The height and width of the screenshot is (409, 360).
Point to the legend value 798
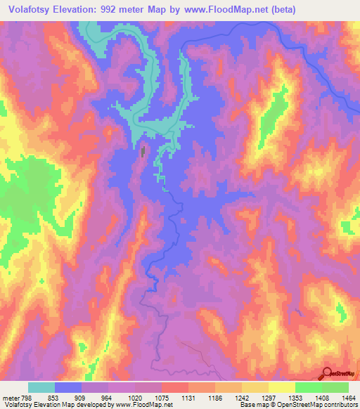pos(26,397)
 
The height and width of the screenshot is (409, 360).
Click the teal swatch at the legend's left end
pos(41,387)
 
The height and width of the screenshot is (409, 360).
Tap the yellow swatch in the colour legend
pos(282,387)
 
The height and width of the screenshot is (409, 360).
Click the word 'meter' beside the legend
pos(9,397)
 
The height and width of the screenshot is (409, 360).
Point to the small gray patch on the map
pos(144,151)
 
